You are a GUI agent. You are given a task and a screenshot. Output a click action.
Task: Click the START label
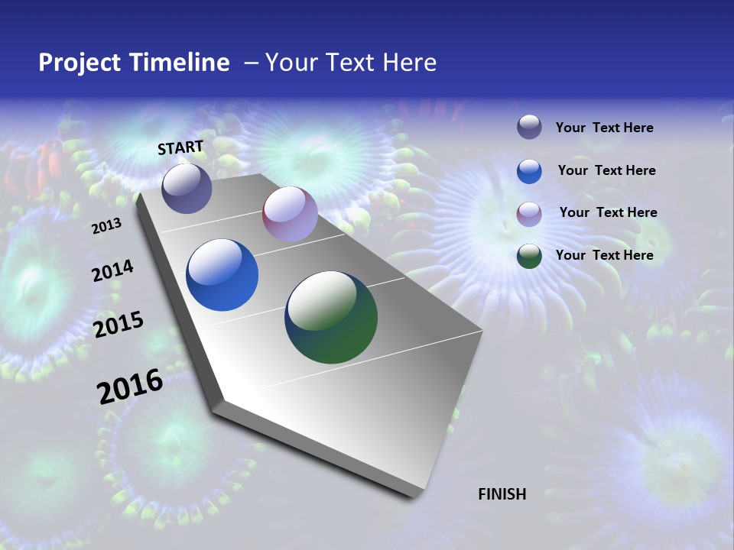[180, 147]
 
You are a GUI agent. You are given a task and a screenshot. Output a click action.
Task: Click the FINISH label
[502, 494]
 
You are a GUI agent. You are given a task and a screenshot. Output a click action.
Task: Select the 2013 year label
[106, 226]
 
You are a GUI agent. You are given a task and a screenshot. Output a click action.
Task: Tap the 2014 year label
[112, 271]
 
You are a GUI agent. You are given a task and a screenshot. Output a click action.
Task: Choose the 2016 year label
[130, 387]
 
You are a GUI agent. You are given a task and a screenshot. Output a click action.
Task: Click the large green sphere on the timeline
[331, 317]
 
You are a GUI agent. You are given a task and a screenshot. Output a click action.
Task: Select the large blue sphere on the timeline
[222, 275]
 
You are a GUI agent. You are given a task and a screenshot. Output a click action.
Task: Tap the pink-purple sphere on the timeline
[290, 214]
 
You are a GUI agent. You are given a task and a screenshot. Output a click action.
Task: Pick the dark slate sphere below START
[187, 188]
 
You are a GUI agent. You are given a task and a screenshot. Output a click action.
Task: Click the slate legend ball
[529, 127]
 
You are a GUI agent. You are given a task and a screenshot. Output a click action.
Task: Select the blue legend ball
[529, 171]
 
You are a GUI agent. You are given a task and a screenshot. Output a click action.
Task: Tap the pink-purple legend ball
[529, 213]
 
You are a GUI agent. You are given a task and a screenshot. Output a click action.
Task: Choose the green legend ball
[529, 256]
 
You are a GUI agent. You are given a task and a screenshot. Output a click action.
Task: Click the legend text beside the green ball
[604, 255]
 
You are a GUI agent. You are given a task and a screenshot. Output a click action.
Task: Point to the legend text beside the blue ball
[606, 170]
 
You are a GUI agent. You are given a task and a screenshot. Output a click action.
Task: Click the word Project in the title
[74, 63]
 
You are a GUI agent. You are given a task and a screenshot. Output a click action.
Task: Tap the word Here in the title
[410, 63]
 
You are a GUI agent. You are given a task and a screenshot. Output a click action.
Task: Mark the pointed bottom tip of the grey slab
[414, 496]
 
